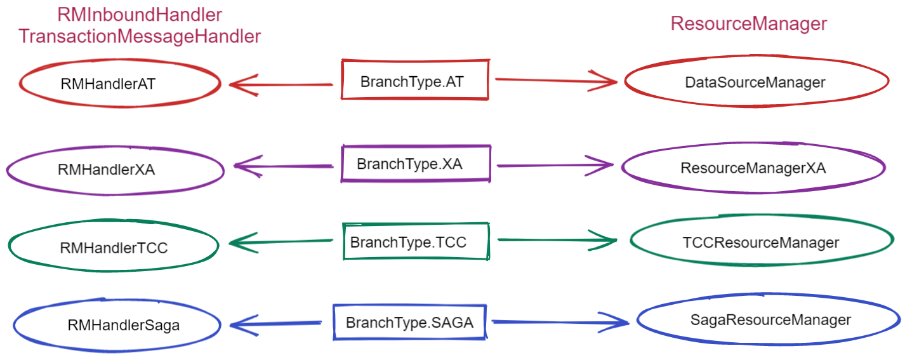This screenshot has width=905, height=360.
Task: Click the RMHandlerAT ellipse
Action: tap(120, 61)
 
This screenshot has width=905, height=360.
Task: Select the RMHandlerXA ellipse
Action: tap(115, 148)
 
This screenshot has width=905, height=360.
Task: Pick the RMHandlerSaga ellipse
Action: tap(117, 300)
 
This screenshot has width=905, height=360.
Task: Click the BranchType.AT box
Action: tap(415, 61)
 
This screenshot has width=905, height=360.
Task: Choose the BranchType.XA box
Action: tap(416, 147)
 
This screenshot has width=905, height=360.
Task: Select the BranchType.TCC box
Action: tap(416, 224)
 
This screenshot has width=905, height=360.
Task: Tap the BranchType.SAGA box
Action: tap(410, 306)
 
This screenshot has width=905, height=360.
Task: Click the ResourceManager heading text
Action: tap(749, 23)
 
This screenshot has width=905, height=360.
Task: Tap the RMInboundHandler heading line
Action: tap(140, 15)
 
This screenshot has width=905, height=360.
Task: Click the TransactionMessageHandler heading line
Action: tap(140, 36)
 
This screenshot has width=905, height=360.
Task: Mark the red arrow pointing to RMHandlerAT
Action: tap(281, 85)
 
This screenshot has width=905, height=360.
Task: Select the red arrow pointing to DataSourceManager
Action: tap(557, 81)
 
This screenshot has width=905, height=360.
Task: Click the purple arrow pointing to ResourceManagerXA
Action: tap(555, 165)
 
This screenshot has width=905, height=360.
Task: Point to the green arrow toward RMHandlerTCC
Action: tap(281, 242)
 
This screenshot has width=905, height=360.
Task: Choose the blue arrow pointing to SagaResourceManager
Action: tap(560, 322)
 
